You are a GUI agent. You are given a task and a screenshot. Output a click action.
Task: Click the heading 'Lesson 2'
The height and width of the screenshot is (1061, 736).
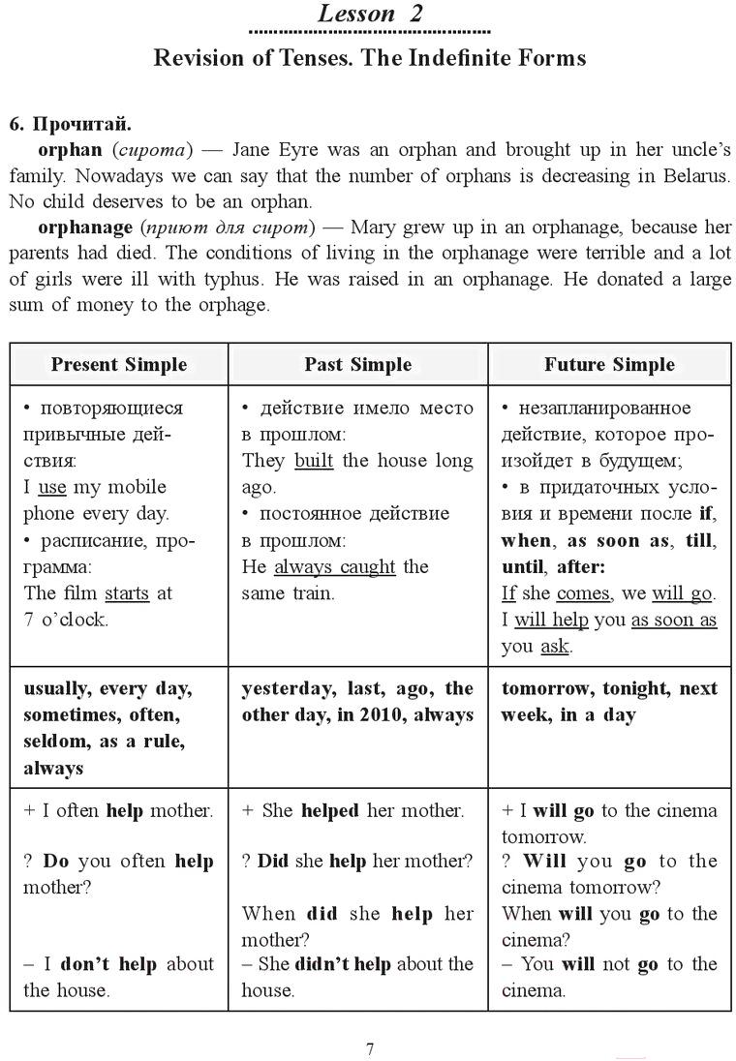[x=370, y=14]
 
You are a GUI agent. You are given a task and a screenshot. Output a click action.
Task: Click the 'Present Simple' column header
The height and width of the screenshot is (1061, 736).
[x=119, y=365]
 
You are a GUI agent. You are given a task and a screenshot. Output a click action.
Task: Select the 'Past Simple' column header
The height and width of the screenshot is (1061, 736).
[x=357, y=365]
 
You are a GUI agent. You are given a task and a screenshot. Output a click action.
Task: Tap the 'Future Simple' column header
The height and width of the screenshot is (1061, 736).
[x=609, y=365]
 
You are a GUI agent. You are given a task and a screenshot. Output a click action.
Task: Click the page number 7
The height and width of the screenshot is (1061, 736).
[x=369, y=1049]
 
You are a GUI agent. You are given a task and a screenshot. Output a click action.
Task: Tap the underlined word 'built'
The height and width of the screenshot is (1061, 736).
[x=314, y=461]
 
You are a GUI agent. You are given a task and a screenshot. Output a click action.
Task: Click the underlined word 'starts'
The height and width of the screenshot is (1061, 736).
[x=127, y=592]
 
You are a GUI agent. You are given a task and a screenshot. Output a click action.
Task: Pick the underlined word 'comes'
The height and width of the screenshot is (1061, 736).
[x=583, y=592]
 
